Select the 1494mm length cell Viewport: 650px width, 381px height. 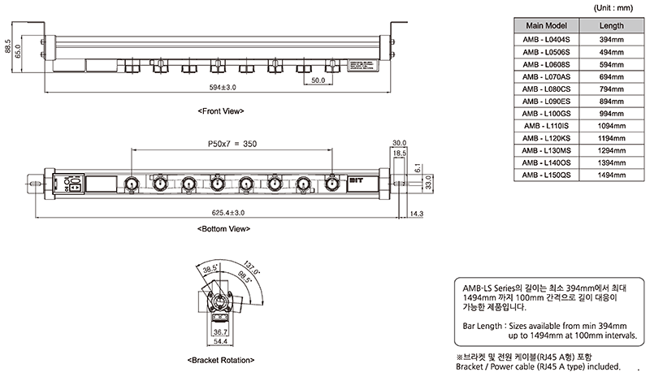611,175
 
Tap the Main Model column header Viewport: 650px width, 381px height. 548,26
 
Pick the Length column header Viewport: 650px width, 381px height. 611,26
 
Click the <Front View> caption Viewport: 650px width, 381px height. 220,110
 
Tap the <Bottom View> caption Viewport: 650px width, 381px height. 222,230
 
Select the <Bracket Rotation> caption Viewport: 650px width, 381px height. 221,359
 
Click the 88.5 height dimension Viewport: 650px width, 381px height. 8,47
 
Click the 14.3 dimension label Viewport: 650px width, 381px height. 415,213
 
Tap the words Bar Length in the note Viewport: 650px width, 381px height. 483,324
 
